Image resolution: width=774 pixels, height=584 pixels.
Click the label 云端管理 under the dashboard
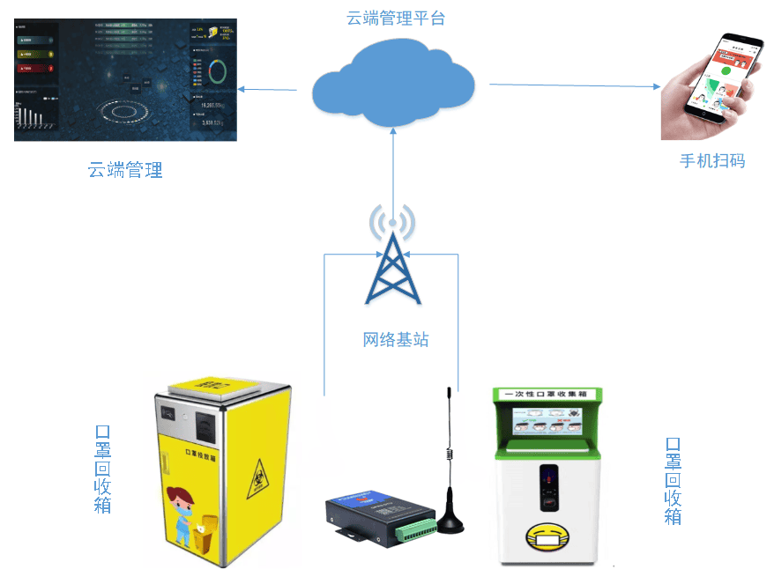click(x=125, y=170)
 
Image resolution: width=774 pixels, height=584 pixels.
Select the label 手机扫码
click(x=711, y=160)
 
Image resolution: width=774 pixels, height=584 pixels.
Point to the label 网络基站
click(x=396, y=339)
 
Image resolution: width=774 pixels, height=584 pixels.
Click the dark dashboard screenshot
click(x=125, y=81)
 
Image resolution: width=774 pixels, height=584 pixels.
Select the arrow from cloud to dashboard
click(x=274, y=89)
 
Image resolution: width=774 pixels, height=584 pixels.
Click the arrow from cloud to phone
click(x=573, y=85)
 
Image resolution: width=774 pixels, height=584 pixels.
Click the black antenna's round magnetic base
click(x=450, y=523)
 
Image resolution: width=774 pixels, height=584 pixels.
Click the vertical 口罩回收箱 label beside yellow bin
click(x=102, y=468)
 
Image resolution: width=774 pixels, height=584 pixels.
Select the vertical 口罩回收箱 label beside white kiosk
click(x=673, y=480)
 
